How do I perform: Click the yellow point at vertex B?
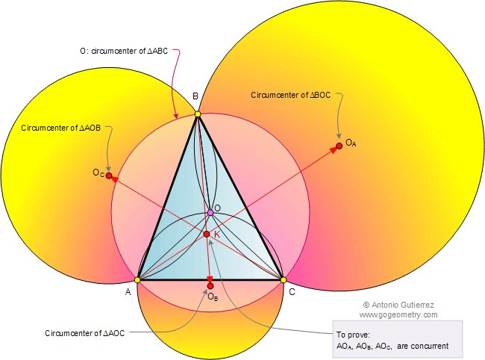(198, 114)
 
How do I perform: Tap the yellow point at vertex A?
(137, 279)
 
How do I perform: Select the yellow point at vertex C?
(284, 279)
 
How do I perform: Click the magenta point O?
(210, 213)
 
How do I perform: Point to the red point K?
(207, 235)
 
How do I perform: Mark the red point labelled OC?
(109, 176)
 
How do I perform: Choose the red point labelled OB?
(210, 285)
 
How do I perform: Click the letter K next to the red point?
(216, 235)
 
